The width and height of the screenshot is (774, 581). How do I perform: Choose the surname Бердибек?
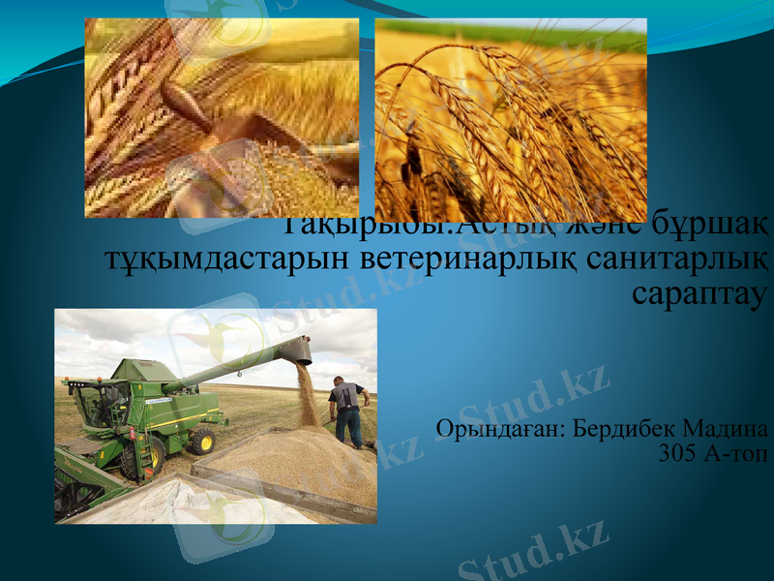coord(624,428)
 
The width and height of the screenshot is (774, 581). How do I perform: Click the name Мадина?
coord(729,428)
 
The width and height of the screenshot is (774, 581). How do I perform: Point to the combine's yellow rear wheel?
coord(202,442)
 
